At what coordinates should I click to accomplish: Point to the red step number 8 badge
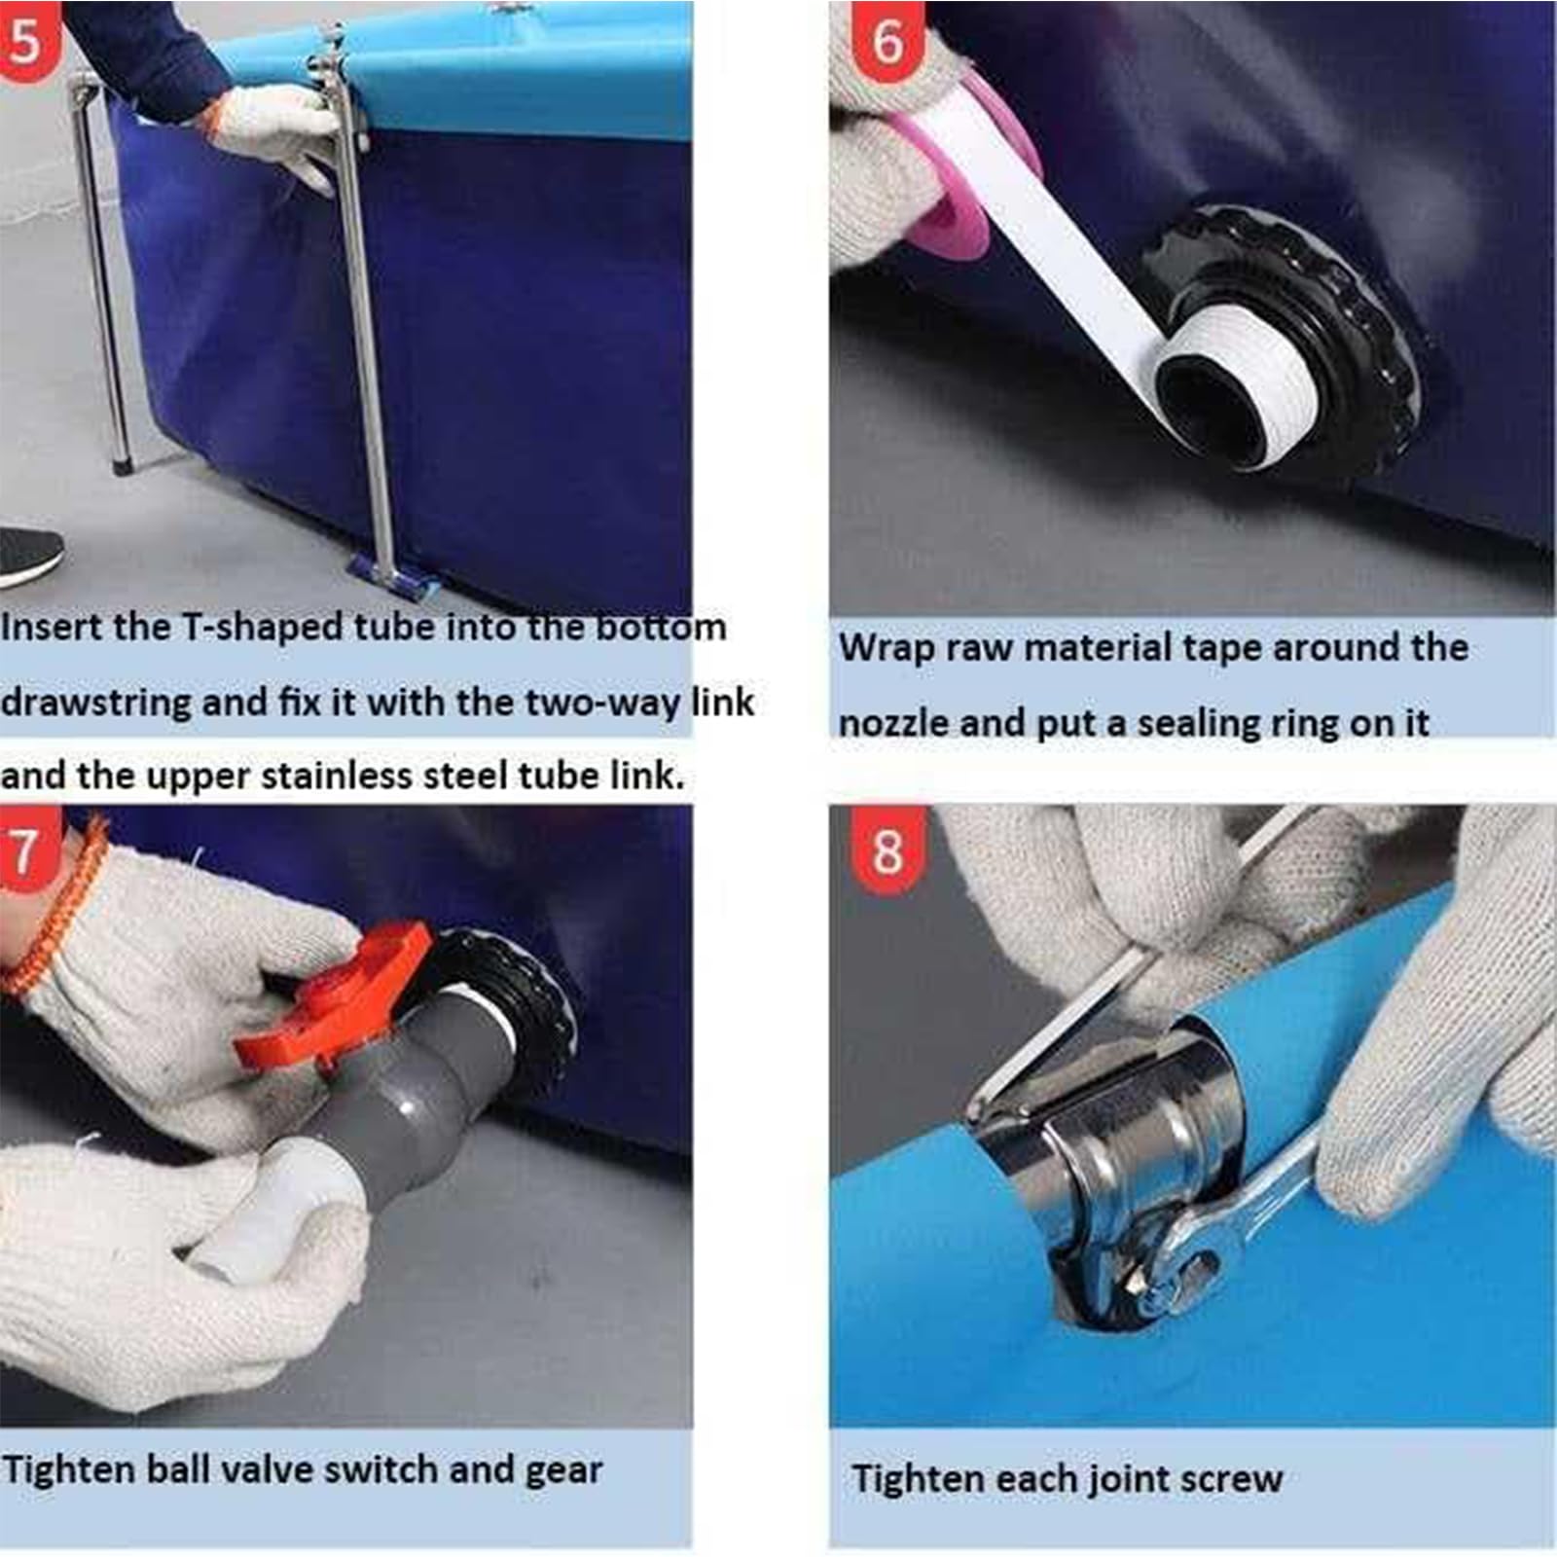click(887, 851)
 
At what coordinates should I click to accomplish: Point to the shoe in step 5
click(29, 557)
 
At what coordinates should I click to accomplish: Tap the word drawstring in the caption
click(95, 703)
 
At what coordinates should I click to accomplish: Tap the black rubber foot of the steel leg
click(124, 465)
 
